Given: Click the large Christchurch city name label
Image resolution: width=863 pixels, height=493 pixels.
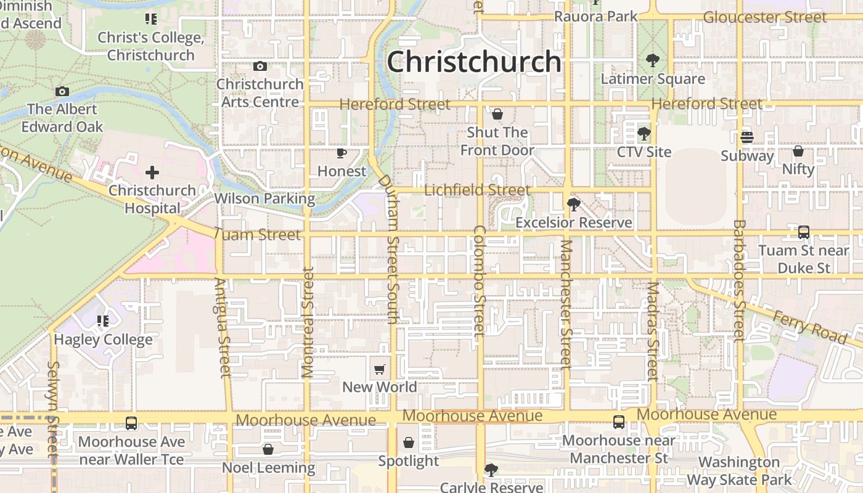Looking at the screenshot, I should coord(474,62).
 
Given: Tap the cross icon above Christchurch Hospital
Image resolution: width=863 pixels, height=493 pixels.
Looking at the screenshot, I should coord(152,173).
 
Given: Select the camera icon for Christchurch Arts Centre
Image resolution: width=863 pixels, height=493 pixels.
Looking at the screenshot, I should coord(260,66).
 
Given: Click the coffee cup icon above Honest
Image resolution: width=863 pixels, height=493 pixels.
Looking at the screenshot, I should coord(342,153).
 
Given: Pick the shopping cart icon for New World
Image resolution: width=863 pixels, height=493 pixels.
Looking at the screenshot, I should coord(380,369).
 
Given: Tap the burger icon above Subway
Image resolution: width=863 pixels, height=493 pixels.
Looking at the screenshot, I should coord(747,137).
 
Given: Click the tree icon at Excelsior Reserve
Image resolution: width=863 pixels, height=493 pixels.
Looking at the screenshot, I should coord(574,204).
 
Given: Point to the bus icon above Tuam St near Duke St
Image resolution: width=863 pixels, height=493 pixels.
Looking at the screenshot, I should coord(804,232).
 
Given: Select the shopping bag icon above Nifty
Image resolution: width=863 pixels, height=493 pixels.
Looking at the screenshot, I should coord(798,151).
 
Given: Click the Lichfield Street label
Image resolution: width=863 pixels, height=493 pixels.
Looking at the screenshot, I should coord(477,190).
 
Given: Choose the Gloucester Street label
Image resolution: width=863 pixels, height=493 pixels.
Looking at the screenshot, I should coord(764,17).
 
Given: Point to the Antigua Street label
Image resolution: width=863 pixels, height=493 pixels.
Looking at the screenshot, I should coord(223,327).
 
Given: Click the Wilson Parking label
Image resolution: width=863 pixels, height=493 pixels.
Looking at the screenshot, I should coord(264,198).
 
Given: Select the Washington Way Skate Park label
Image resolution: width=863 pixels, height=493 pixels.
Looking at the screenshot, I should coord(739,471).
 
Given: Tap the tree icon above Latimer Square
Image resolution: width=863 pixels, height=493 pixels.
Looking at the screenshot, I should coord(652,60).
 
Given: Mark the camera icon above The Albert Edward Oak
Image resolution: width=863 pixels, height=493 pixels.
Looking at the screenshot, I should coord(62,92).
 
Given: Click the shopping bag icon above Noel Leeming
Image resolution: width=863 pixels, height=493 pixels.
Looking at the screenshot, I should coord(268,449).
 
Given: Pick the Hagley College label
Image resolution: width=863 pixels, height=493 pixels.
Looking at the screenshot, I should coord(103,340).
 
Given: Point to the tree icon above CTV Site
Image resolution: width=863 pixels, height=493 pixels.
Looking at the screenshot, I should coord(644,133).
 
